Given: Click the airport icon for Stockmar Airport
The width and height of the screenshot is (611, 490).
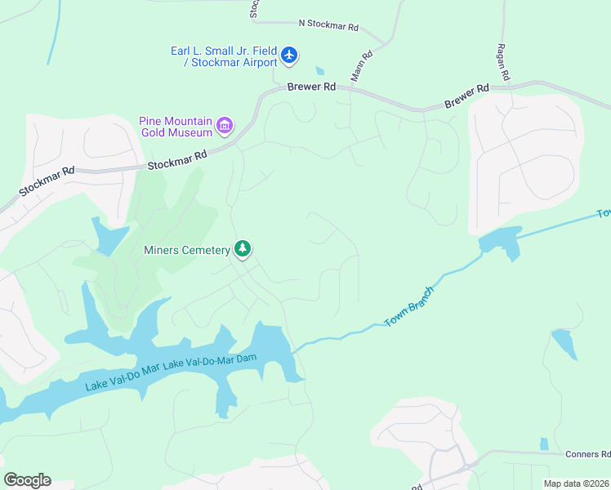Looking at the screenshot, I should pos(289,56).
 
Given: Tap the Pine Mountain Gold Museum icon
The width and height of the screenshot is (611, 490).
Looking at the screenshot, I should pos(225,127).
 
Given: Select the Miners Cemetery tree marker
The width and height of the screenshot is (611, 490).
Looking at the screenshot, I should pos(242,249).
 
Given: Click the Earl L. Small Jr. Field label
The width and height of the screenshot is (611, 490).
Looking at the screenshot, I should pos(224,51).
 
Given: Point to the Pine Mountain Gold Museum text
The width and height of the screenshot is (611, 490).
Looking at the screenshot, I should pos(176,127).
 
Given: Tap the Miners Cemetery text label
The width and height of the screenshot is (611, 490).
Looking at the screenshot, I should pos(187,250).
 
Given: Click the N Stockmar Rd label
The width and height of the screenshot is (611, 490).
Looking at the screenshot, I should pos(328,27).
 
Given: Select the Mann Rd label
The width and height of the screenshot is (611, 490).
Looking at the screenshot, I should pos(360,66).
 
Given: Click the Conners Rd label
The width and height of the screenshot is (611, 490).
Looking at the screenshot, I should pos(587,454).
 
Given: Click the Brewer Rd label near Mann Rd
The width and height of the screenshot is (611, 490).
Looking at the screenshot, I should pos(311,87).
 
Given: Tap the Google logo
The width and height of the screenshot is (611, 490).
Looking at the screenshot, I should pos(27,480).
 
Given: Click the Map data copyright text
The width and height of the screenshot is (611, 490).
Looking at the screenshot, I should pos(577,483).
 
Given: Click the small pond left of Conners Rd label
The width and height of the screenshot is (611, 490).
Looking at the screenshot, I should pos(544,444).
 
